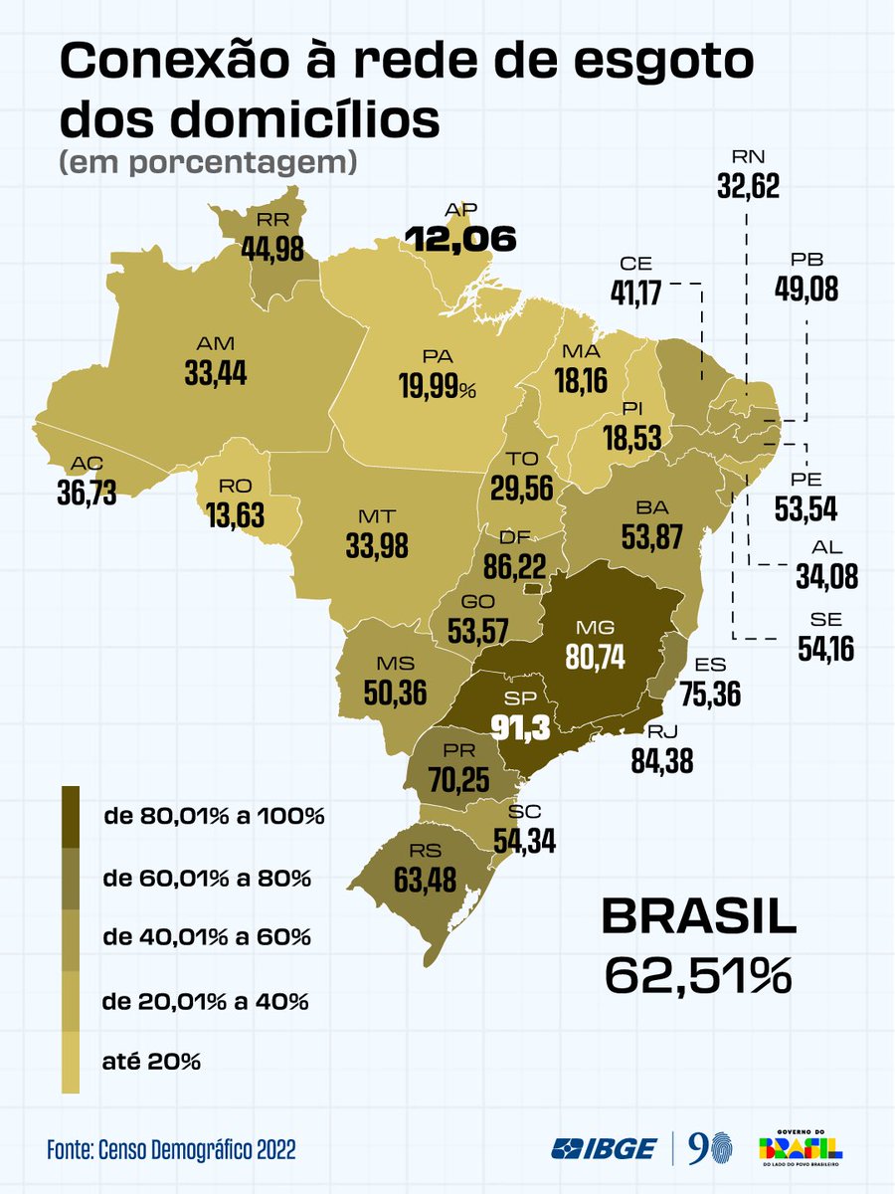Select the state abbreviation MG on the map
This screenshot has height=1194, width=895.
click(x=602, y=628)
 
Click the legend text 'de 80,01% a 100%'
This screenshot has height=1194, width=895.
click(x=214, y=817)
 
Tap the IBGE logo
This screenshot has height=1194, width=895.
click(x=605, y=1148)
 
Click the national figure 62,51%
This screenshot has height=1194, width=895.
click(x=698, y=974)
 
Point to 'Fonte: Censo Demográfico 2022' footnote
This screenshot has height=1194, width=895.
click(x=171, y=1150)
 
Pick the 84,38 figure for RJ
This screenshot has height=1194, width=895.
click(x=661, y=760)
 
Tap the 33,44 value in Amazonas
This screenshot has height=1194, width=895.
click(x=215, y=372)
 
